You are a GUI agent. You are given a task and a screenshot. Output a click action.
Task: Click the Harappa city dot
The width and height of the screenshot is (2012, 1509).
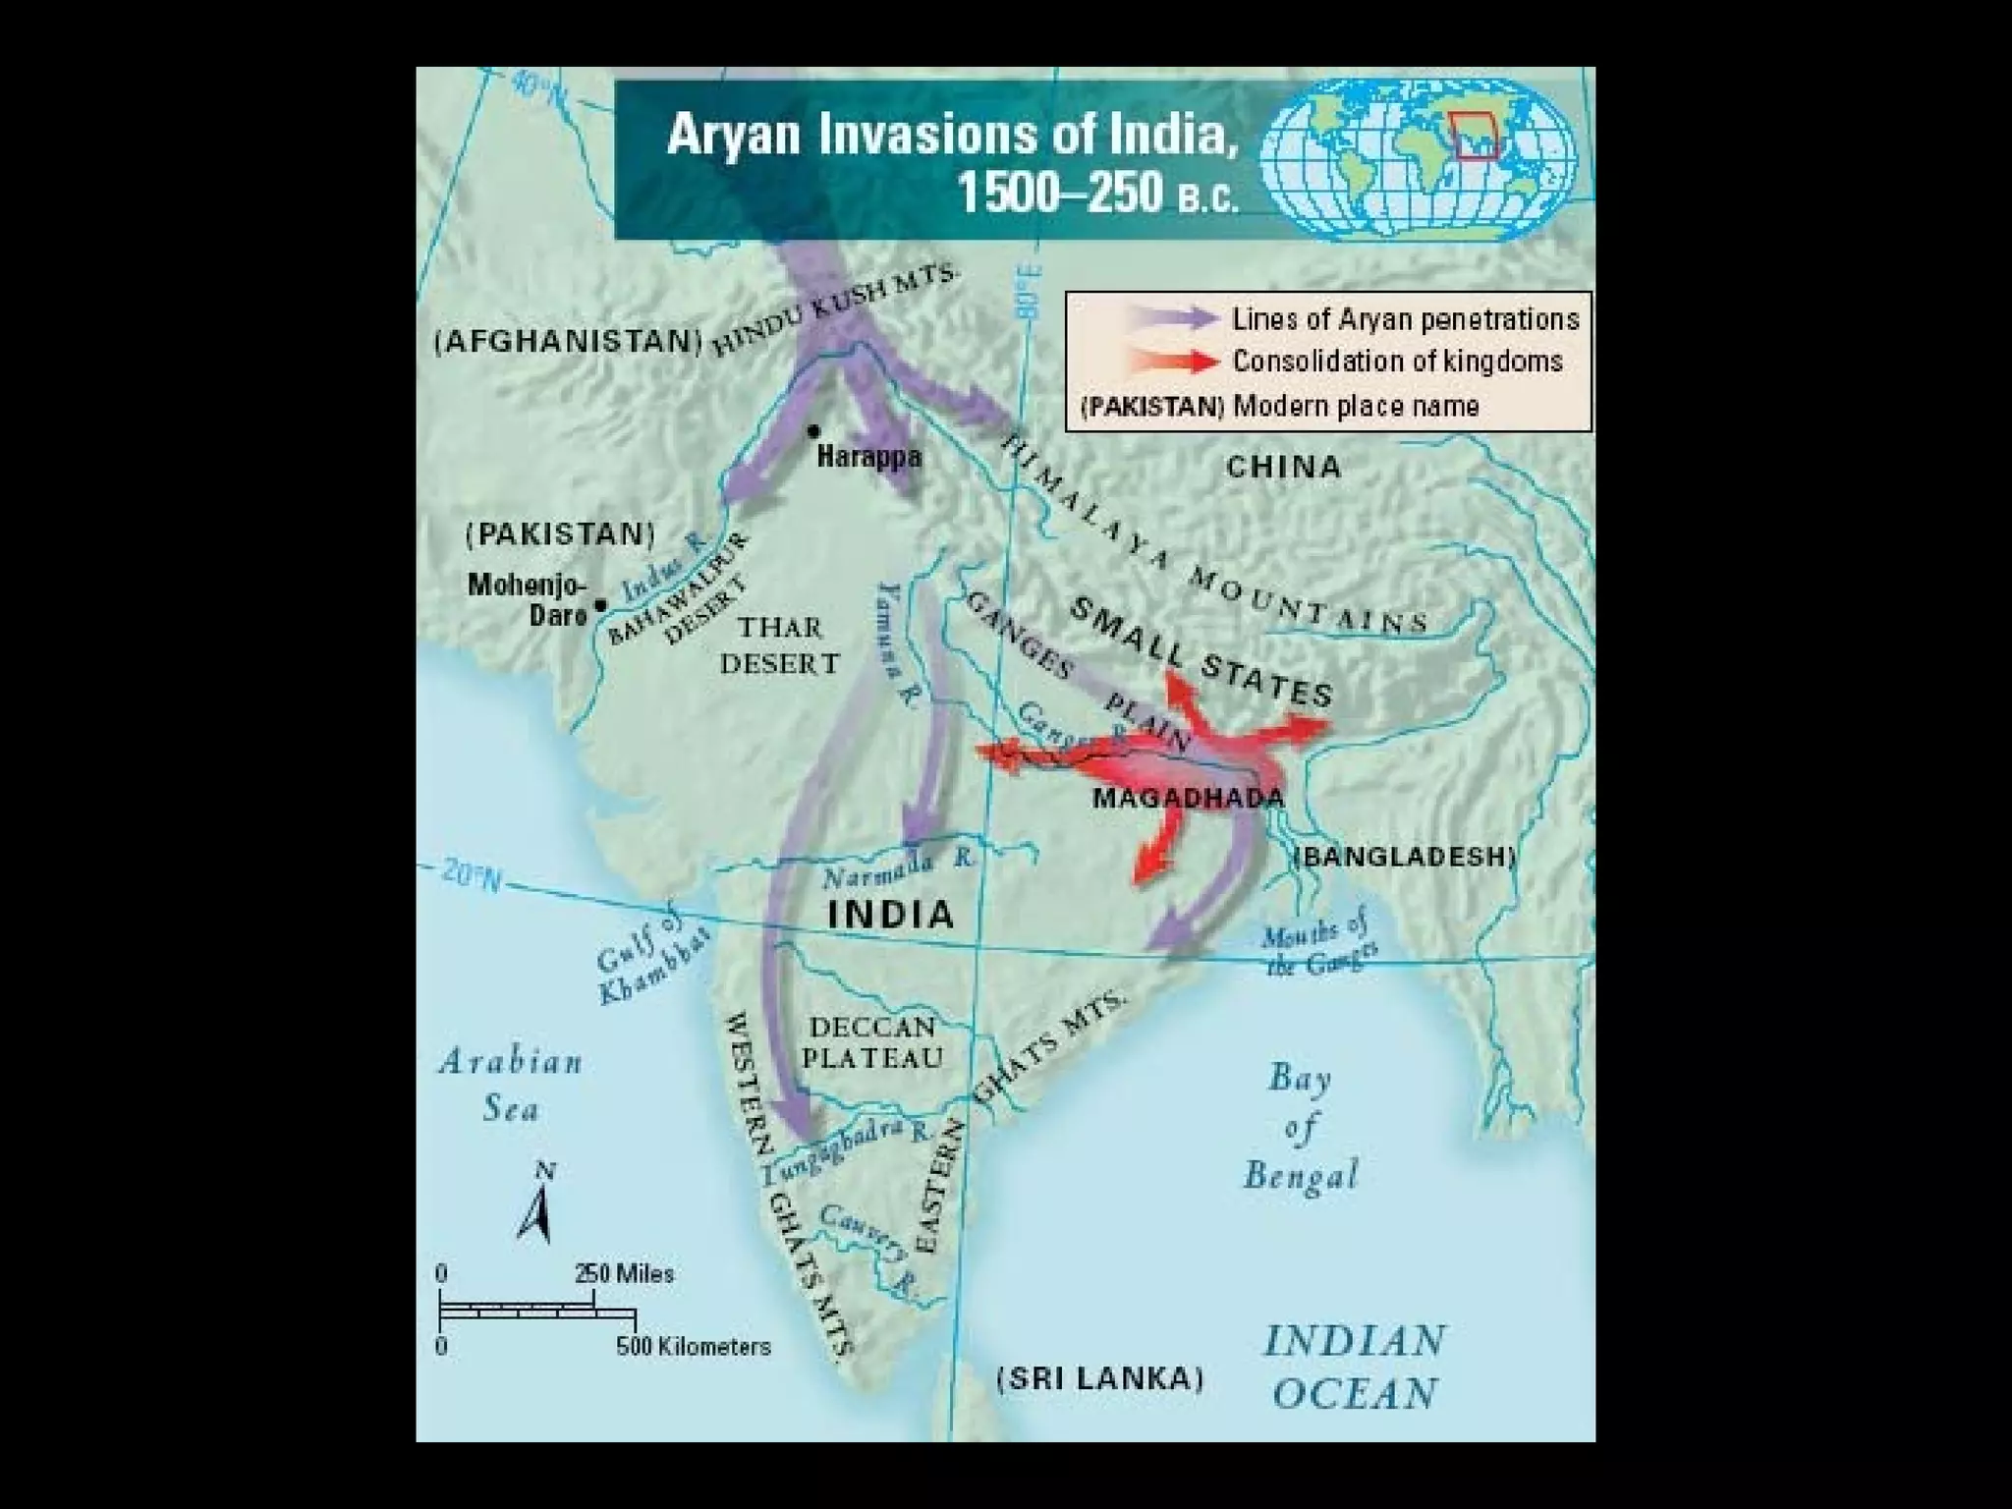tap(813, 430)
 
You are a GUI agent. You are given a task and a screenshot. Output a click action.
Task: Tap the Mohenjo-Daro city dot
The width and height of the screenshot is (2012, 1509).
tap(601, 604)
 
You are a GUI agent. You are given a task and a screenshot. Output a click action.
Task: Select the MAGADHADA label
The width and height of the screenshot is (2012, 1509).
tap(1188, 798)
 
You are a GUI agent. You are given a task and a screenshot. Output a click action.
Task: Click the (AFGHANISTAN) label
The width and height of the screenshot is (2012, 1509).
tap(569, 341)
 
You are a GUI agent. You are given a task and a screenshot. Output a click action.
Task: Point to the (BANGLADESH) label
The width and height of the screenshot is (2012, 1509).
tap(1406, 857)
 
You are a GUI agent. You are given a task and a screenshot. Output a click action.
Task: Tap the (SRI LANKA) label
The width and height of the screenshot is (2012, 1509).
tap(1100, 1378)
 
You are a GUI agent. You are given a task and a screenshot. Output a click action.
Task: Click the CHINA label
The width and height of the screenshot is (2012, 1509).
tap(1283, 466)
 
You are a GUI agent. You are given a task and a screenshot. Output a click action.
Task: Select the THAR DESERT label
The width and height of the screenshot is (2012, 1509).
tap(780, 645)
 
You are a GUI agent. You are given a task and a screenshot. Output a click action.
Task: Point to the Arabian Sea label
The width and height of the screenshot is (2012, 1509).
tap(511, 1084)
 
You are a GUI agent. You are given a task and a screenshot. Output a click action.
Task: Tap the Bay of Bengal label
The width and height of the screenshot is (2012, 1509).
tap(1301, 1126)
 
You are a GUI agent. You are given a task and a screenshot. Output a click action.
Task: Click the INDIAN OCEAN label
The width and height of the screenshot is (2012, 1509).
tap(1355, 1367)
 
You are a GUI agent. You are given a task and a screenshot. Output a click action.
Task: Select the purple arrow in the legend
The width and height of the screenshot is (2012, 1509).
tap(1174, 318)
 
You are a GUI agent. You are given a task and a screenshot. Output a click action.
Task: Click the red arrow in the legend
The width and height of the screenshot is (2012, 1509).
tap(1174, 362)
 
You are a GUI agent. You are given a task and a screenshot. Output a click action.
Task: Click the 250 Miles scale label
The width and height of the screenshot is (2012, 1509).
tap(625, 1273)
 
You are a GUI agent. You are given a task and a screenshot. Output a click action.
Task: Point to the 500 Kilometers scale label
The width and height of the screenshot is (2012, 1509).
tap(694, 1346)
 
